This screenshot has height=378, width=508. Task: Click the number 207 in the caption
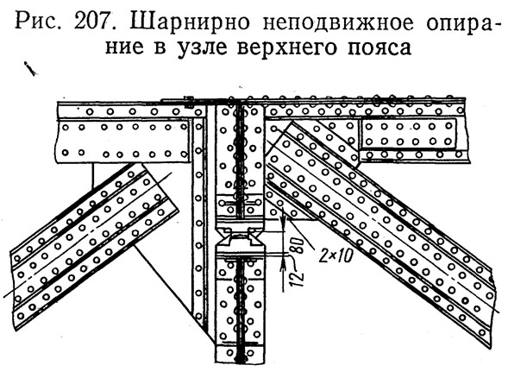point(97,22)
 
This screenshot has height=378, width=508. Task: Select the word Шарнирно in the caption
point(190,23)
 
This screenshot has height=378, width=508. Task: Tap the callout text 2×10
point(336,257)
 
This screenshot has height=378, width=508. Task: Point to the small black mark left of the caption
point(30,68)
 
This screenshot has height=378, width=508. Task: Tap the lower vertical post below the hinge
point(240,305)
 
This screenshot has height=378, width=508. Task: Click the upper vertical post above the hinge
point(240,162)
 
